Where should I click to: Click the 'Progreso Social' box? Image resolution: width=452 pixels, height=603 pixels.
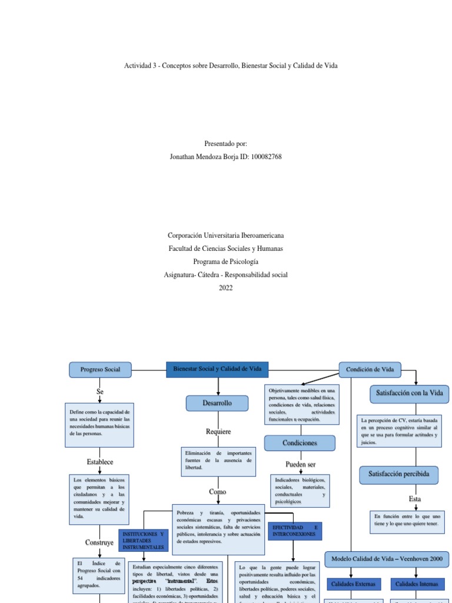(99, 369)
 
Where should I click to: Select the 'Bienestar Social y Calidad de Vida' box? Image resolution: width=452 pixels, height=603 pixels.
(217, 369)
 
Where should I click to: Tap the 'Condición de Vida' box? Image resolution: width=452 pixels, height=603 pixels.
(370, 369)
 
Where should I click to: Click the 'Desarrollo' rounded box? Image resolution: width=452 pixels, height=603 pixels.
(218, 403)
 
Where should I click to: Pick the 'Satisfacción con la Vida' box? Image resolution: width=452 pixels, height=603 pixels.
(409, 393)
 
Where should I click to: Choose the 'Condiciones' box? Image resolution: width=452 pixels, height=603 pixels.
(300, 443)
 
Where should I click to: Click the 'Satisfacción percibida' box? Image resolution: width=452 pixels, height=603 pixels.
(403, 473)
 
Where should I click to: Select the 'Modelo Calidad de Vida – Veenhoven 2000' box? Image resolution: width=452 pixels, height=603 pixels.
(387, 559)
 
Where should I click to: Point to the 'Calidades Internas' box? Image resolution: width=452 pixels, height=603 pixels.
(417, 584)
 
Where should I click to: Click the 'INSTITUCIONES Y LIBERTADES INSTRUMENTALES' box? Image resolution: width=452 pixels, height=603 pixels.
(143, 540)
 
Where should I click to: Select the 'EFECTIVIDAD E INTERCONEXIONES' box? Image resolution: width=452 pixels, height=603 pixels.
(294, 531)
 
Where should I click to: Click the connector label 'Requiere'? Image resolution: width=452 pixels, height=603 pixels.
(218, 432)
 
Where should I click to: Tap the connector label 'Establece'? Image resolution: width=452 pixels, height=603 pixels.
(99, 462)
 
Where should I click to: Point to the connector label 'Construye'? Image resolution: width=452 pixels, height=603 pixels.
(99, 542)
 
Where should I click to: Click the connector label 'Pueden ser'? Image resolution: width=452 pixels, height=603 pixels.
(301, 465)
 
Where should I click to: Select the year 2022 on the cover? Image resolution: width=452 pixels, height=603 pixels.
(225, 288)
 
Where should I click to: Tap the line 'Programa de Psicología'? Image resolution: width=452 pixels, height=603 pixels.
(225, 261)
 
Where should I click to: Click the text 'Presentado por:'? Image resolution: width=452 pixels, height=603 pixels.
(225, 144)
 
